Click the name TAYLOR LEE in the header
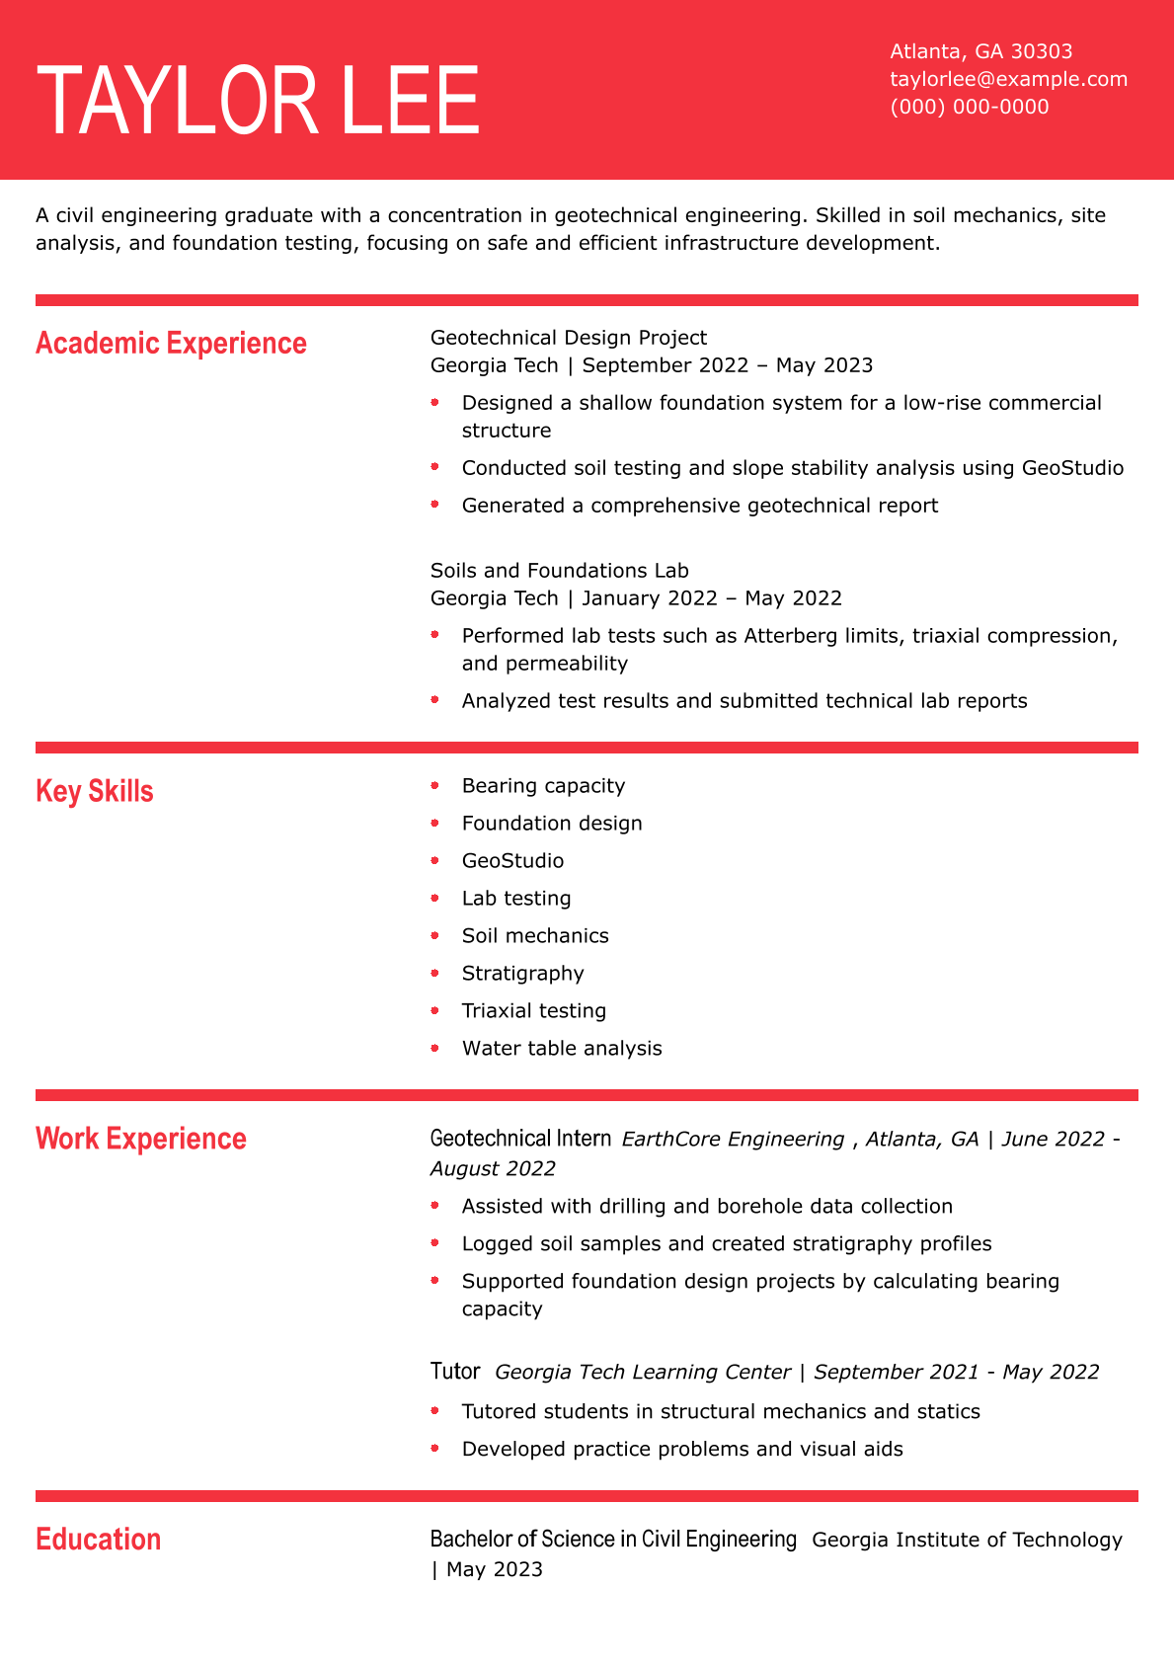[x=258, y=101]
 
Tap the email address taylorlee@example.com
[x=1008, y=79]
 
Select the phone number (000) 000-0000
[x=969, y=107]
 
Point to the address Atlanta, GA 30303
[x=980, y=51]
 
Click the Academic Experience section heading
[x=171, y=343]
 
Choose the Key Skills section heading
[x=95, y=791]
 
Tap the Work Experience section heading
[x=141, y=1139]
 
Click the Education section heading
[x=98, y=1540]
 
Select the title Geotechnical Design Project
[x=569, y=338]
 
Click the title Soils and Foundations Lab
[x=559, y=571]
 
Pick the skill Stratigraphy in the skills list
[x=522, y=974]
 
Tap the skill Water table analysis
[x=562, y=1049]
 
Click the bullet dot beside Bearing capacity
[x=434, y=785]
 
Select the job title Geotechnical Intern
[x=520, y=1139]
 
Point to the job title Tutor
[x=455, y=1372]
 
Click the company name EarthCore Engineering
[x=733, y=1140]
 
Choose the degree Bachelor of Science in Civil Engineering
[x=612, y=1540]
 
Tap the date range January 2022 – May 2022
[x=711, y=598]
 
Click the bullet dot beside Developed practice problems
[x=434, y=1449]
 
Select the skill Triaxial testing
[x=533, y=1011]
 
